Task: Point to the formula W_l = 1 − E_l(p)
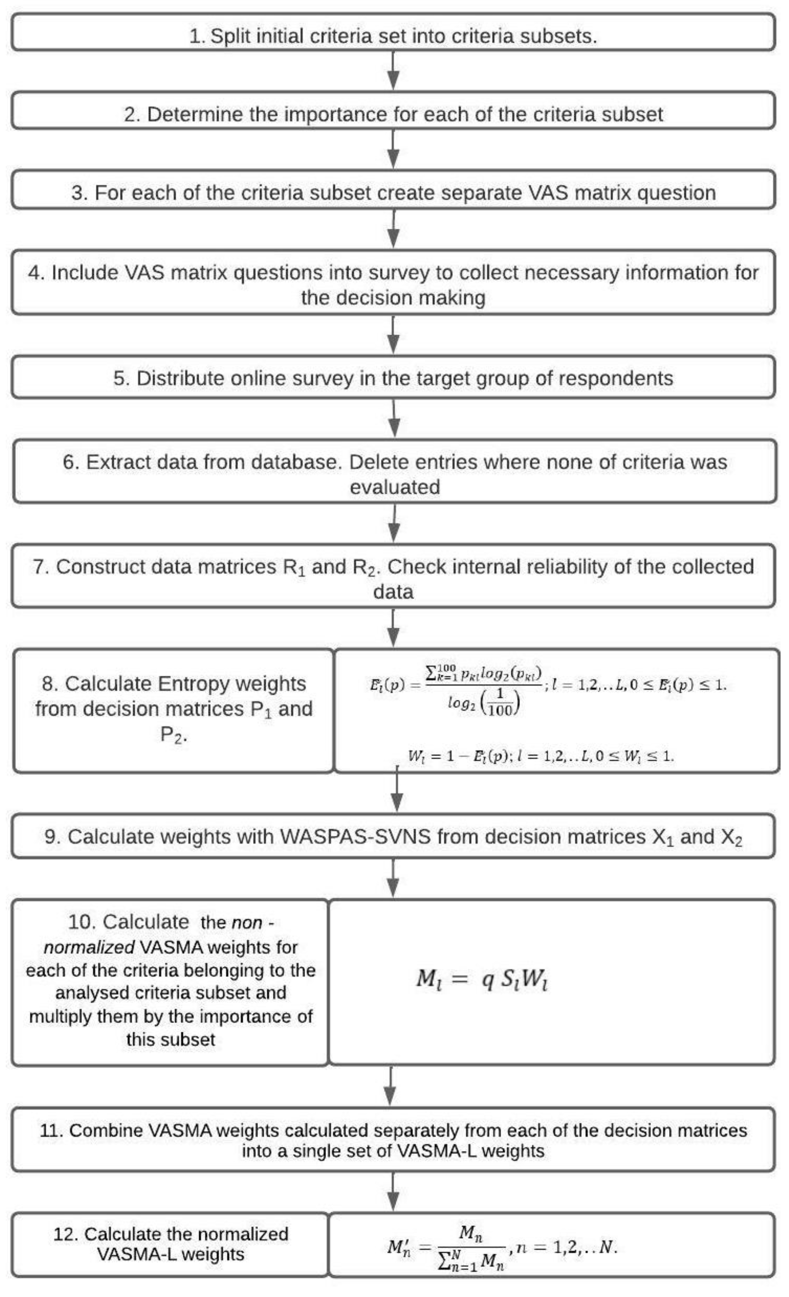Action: tap(540, 757)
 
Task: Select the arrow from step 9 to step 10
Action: tap(394, 878)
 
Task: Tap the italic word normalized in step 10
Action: tap(89, 947)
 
